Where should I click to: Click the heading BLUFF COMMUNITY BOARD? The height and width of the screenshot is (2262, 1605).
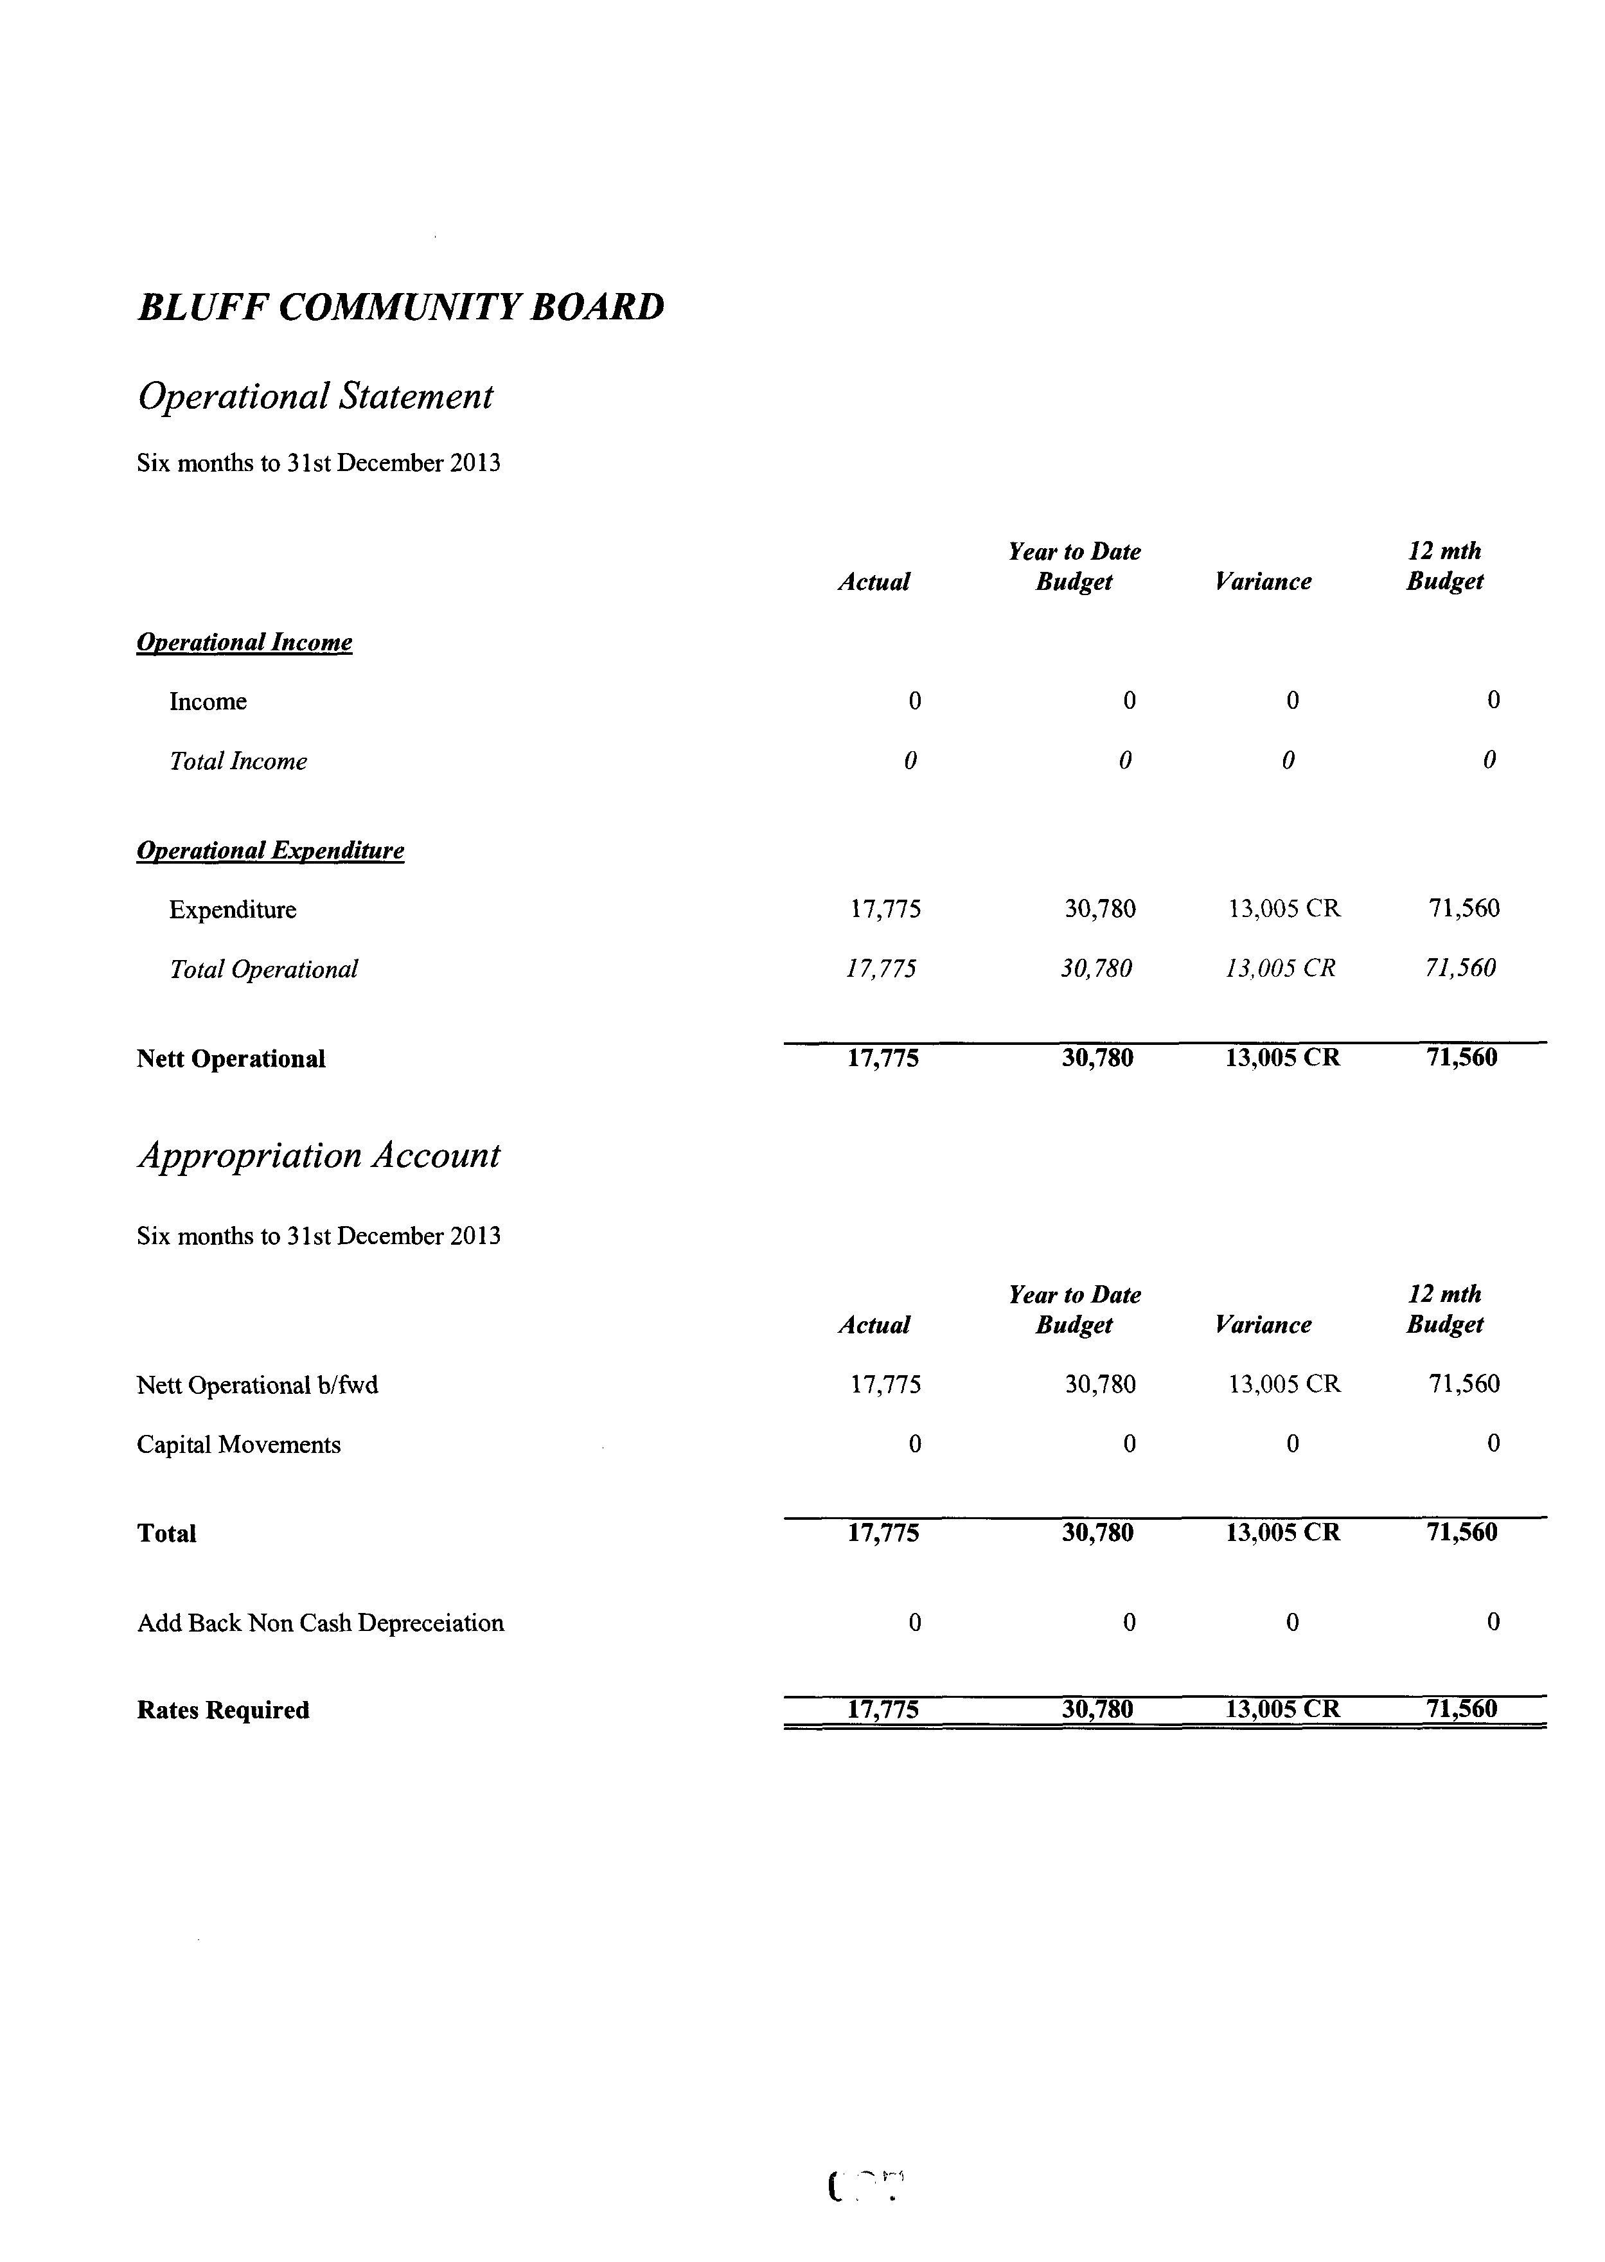tap(400, 307)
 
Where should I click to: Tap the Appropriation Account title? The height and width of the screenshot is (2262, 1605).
tap(318, 1155)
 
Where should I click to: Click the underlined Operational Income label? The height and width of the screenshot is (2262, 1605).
tap(244, 643)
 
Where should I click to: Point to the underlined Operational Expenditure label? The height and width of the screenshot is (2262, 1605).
tap(270, 851)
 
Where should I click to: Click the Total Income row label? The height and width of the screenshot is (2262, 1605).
tap(238, 761)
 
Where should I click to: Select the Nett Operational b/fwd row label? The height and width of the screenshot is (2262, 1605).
tap(257, 1385)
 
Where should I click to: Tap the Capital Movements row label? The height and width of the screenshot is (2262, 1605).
tap(238, 1445)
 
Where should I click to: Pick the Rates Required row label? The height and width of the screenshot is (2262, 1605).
tap(222, 1711)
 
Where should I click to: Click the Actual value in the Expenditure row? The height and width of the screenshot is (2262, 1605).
tap(885, 909)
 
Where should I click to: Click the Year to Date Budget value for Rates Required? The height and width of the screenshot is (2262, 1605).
tap(1097, 1709)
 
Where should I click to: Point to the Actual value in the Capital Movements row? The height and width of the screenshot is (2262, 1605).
tap(914, 1445)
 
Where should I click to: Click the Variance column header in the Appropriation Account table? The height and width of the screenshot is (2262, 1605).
tap(1263, 1325)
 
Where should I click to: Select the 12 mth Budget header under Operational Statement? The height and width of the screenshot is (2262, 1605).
tap(1445, 566)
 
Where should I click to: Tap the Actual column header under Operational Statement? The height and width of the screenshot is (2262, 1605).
tap(874, 582)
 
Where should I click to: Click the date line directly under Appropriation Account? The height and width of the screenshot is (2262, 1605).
tap(318, 1236)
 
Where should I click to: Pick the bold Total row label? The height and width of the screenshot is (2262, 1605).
tap(166, 1534)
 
